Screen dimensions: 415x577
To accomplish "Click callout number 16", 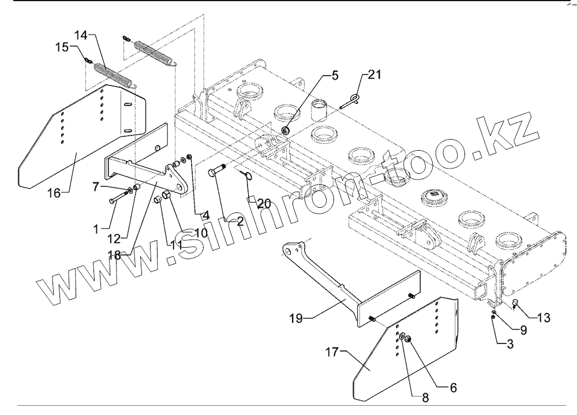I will [53, 193].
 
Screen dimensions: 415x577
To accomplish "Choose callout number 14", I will [81, 35].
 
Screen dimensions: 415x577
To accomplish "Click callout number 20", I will [263, 203].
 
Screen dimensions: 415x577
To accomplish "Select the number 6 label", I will [453, 388].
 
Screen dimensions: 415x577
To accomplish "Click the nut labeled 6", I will [407, 339].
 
